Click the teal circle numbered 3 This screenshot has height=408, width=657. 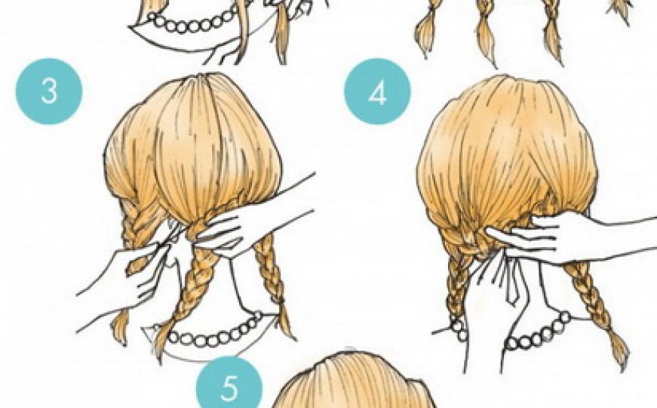click(x=49, y=91)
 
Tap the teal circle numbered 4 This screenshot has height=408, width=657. click(x=377, y=91)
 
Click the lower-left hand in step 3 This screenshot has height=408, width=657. click(x=126, y=273)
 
